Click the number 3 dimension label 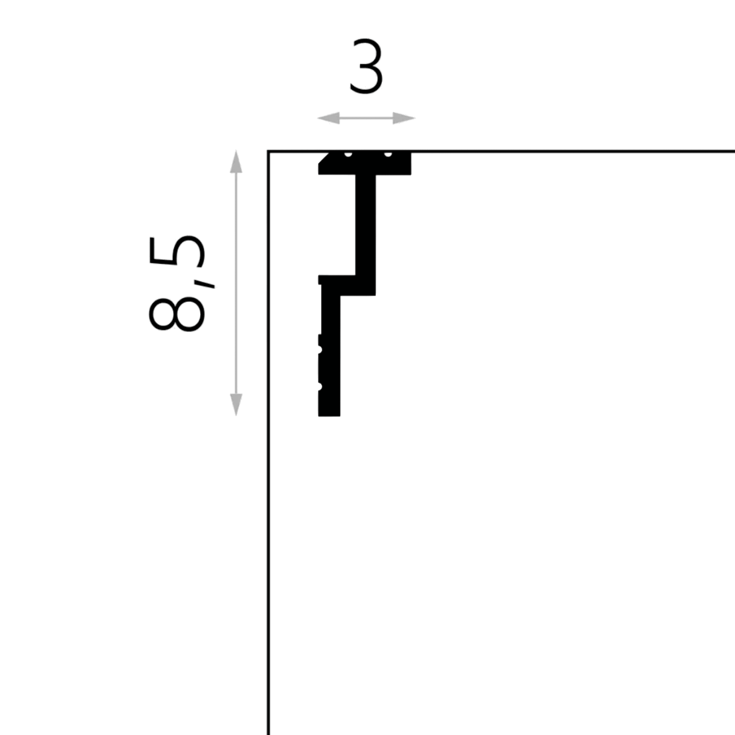[366, 66]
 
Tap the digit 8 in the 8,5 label [177, 314]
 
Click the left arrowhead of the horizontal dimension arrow [328, 118]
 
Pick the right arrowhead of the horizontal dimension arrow [404, 118]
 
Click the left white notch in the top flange [348, 154]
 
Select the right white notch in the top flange [388, 154]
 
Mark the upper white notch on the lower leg [320, 349]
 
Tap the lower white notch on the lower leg [320, 386]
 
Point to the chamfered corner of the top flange [324, 158]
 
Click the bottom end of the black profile [329, 415]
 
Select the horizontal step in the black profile [347, 285]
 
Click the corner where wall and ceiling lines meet [269, 152]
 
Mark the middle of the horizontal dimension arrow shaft [366, 118]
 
